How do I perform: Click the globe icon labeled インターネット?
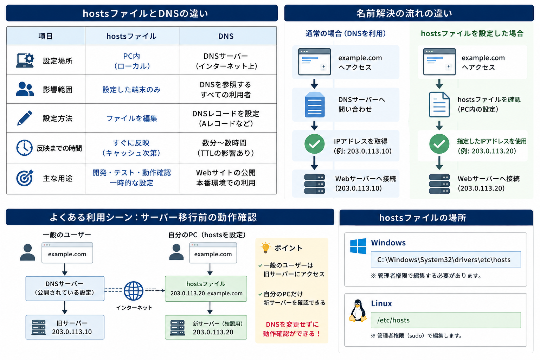133,291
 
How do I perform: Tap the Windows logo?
358,246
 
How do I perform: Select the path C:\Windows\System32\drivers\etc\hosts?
444,259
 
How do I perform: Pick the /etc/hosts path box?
446,320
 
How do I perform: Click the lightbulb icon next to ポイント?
266,247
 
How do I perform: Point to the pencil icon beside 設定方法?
25,118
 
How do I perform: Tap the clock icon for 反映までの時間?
24,148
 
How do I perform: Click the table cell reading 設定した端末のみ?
131,89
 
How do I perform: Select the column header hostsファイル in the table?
131,36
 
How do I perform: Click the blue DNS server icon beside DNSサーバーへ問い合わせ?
315,105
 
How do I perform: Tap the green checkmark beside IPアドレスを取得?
314,144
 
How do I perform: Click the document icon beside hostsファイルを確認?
439,105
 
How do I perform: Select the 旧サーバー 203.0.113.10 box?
65,327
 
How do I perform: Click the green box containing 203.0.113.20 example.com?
206,289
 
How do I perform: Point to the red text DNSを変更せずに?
292,324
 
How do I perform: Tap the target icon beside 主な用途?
25,178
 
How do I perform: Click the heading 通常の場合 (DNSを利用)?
346,33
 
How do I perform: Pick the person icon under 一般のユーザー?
27,252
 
